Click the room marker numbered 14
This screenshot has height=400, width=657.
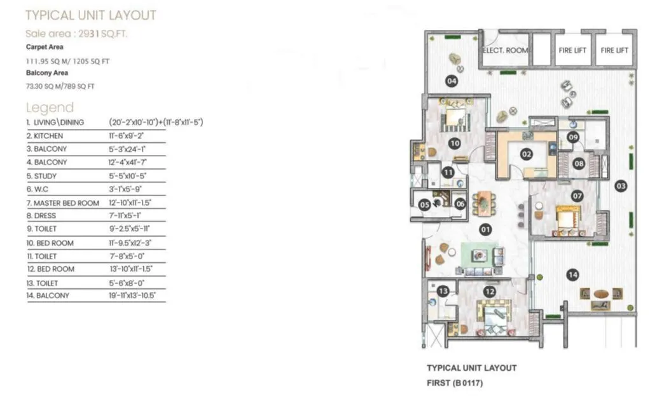[573, 275]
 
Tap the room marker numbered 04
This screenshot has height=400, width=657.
[452, 81]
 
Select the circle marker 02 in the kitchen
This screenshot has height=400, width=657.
[526, 153]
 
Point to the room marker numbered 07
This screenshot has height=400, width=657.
[577, 196]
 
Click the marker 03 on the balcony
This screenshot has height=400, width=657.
[621, 186]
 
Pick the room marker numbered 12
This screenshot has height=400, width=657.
[489, 291]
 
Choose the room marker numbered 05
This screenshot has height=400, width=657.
[424, 204]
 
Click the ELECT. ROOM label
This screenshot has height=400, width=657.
[506, 50]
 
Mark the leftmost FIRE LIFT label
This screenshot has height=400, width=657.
[573, 50]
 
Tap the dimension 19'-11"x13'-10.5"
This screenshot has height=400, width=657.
[132, 296]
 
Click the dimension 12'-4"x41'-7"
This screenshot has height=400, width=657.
[127, 163]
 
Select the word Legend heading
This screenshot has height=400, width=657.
[50, 107]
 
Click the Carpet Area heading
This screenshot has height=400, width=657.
[44, 47]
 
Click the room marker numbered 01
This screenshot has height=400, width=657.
[486, 230]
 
